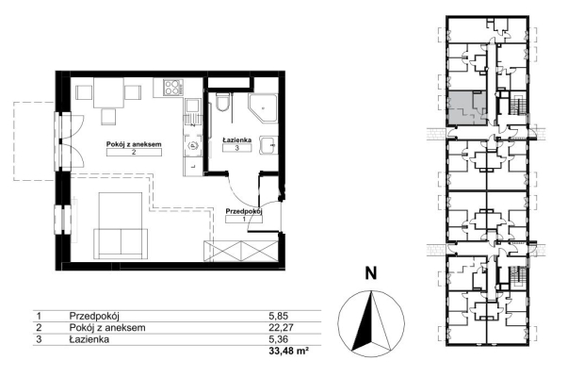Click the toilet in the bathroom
(x=223, y=103)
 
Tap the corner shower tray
(x=263, y=108)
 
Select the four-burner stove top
(x=172, y=89)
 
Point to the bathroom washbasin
(x=268, y=145)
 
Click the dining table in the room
(x=108, y=92)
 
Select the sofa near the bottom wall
(x=121, y=243)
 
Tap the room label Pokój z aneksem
(x=134, y=144)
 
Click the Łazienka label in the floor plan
(x=236, y=139)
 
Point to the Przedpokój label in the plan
(x=244, y=211)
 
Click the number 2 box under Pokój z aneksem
(x=134, y=152)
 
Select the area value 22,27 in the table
(x=281, y=328)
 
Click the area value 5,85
(x=278, y=316)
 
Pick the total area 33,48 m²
(x=289, y=351)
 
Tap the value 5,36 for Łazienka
(x=278, y=339)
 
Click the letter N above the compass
(x=370, y=274)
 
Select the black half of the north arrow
(x=363, y=322)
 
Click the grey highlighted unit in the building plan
(x=467, y=107)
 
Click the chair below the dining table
(x=108, y=116)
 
